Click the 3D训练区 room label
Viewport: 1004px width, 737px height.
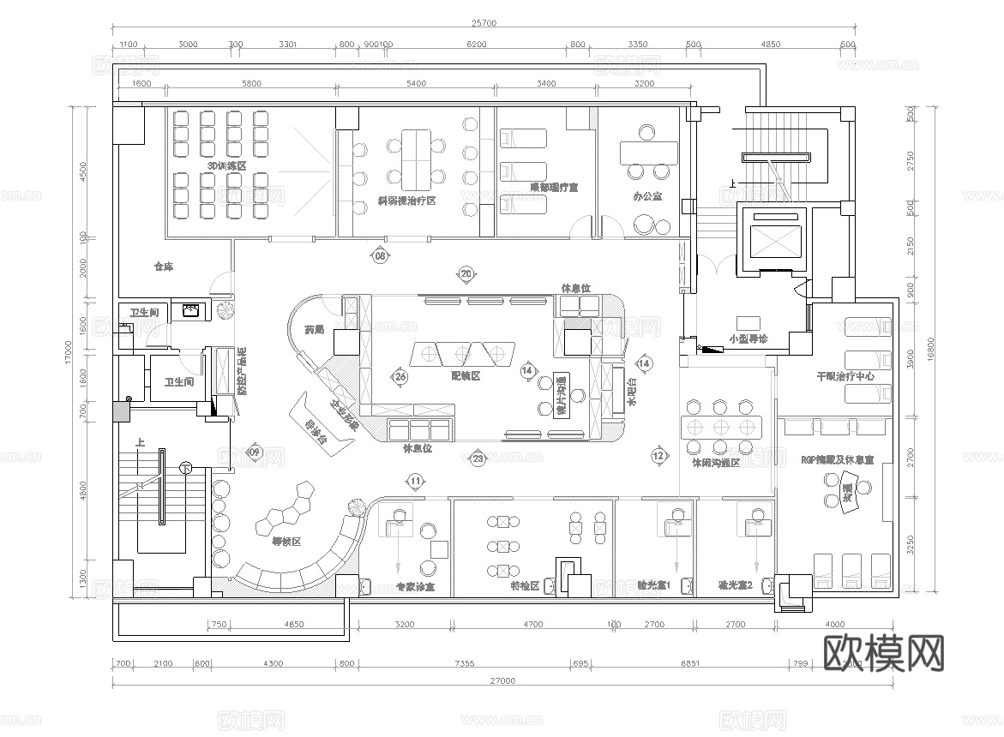coord(226,165)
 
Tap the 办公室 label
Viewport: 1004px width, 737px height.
coord(647,196)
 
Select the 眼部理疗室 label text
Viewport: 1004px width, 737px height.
coord(553,186)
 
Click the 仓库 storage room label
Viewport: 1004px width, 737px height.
coord(163,267)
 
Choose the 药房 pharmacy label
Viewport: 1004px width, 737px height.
coord(315,329)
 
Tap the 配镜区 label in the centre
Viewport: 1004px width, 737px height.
coord(464,375)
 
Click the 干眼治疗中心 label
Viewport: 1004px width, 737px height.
coord(845,376)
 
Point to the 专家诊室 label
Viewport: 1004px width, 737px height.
coord(415,588)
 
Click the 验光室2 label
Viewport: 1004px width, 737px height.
coord(735,586)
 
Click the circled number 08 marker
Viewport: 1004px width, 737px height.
coord(379,255)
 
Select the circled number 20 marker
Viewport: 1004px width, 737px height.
coord(466,273)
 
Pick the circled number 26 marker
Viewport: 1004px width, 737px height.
coord(400,375)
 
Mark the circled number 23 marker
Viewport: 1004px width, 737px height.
coord(478,459)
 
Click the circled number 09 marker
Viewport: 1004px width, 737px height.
coord(254,452)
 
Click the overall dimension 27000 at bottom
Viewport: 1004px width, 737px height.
coord(502,680)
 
